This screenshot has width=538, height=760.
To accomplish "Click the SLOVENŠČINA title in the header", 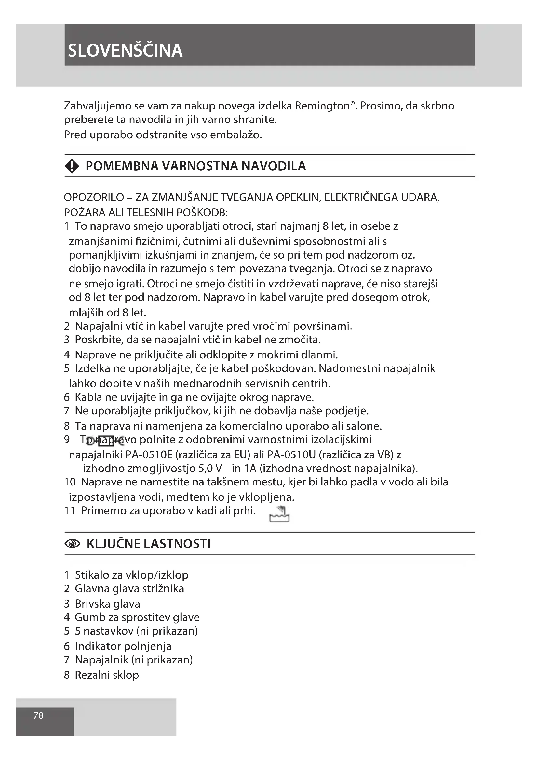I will pos(125,50).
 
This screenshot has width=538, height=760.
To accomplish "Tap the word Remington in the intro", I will pos(322,106).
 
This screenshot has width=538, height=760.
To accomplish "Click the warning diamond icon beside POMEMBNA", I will pos(72,166).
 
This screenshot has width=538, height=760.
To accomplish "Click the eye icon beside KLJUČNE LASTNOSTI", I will pos(73,544).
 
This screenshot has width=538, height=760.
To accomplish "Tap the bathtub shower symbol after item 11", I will pos(279,514).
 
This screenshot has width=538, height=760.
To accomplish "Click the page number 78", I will pos(38,715).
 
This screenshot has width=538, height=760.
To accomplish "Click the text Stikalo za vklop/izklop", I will pos(131,575).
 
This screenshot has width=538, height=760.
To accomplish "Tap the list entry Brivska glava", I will pos(107,604).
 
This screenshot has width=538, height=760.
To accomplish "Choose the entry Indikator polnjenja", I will pos(123,646).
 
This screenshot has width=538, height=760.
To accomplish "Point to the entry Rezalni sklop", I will pos(107,675).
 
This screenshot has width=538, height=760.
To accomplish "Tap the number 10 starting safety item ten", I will pos(70,482).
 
